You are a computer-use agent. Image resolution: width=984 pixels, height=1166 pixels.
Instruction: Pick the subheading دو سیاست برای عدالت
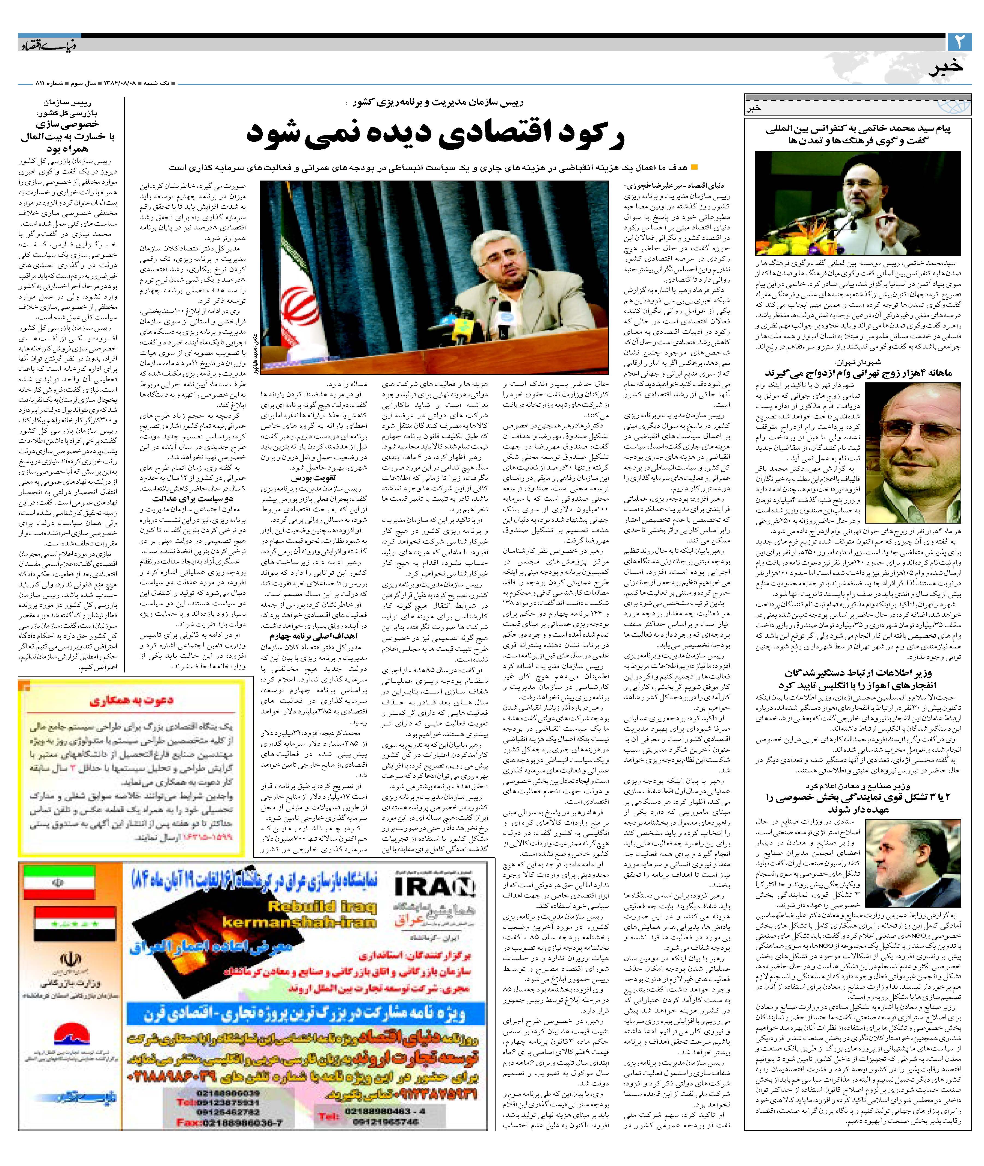tap(192, 498)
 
